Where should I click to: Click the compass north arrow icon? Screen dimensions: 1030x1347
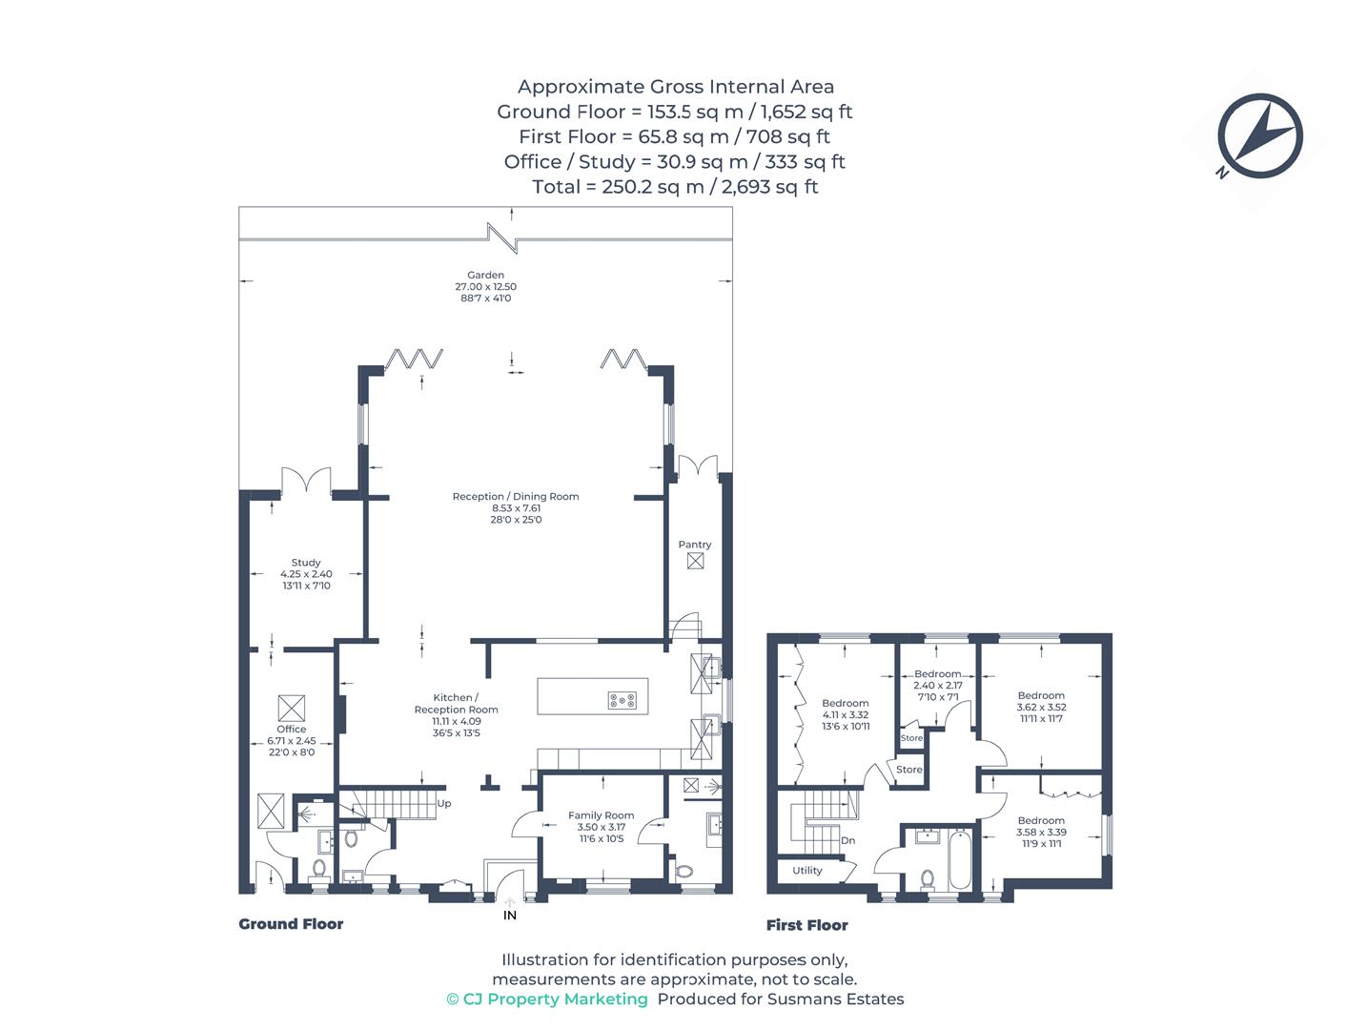(x=1259, y=136)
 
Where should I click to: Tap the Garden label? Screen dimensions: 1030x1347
(x=485, y=276)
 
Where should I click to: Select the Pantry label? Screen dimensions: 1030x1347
(x=695, y=545)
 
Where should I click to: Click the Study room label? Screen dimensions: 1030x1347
(x=306, y=563)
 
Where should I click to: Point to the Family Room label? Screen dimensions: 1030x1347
(x=601, y=815)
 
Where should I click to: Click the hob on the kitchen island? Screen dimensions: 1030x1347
(x=622, y=701)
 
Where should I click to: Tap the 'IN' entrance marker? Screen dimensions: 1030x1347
(x=510, y=916)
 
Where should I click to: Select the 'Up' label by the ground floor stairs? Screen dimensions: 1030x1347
(x=444, y=804)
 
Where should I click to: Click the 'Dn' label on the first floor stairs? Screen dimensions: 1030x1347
(x=848, y=841)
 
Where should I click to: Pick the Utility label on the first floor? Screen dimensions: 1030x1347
(x=807, y=871)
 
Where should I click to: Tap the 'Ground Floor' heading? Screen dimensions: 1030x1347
(x=291, y=924)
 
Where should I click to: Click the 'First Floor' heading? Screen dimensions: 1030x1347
(x=807, y=925)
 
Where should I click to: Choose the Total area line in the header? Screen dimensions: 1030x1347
(x=675, y=187)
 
